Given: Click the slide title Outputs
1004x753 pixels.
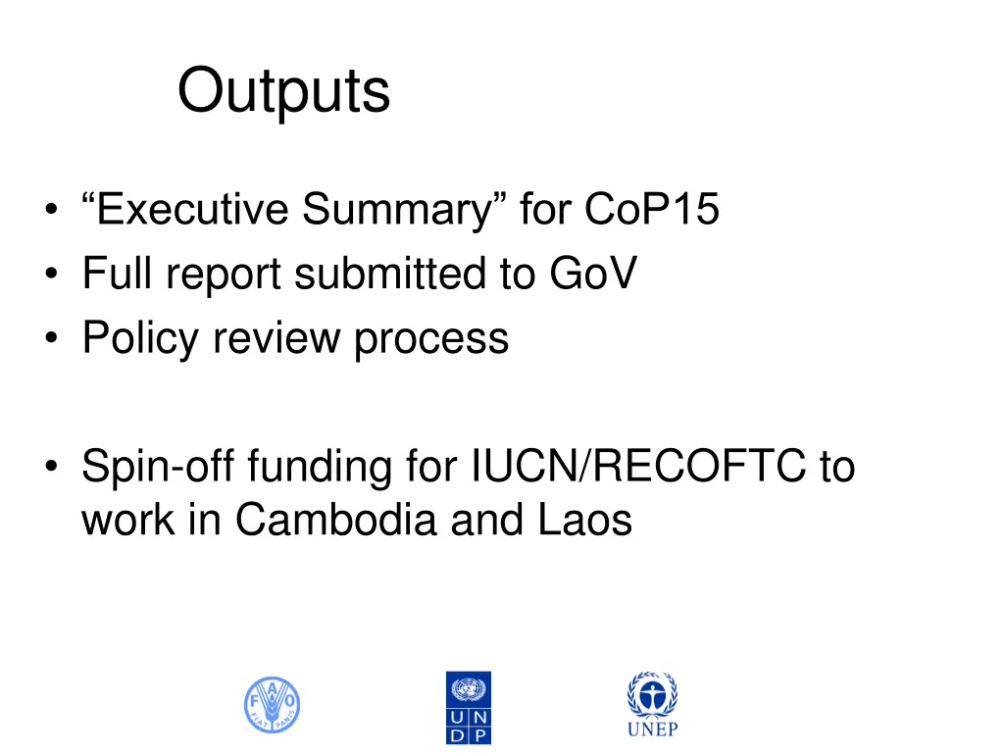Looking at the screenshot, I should tap(283, 92).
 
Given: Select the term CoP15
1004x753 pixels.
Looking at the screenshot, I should tap(652, 210).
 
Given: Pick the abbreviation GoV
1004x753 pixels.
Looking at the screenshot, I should tap(591, 274).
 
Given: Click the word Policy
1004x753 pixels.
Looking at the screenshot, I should tap(140, 338).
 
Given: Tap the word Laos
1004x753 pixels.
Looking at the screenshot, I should tap(584, 520).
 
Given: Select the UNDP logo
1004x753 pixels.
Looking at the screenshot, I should tap(469, 707).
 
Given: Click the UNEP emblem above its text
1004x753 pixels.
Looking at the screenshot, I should tap(652, 695).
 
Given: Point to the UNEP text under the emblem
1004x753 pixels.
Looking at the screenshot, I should tap(652, 729).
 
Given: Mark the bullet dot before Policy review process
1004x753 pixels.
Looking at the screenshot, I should tap(49, 339).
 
